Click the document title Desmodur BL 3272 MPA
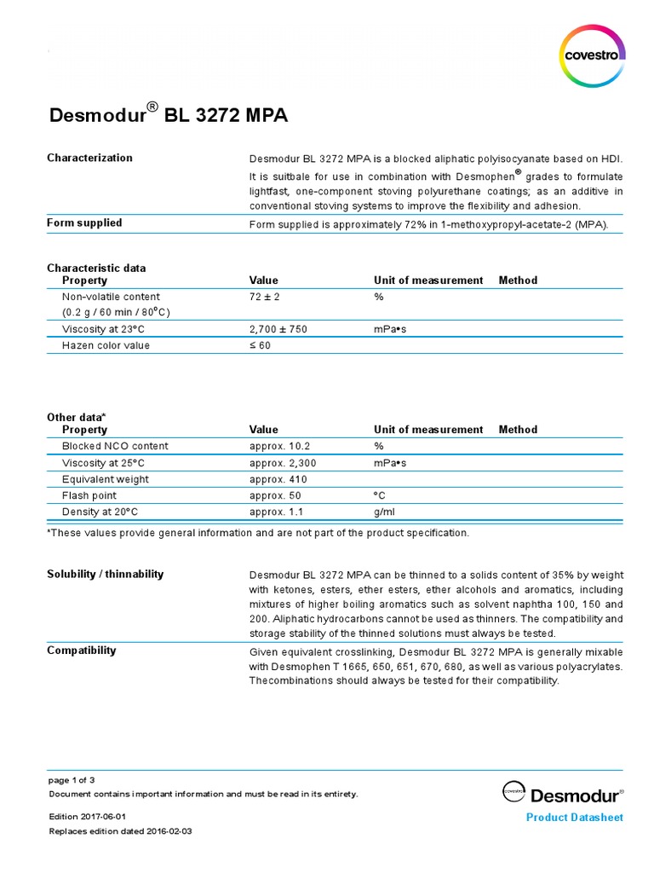tap(167, 114)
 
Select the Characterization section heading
tap(89, 158)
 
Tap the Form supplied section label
tap(84, 223)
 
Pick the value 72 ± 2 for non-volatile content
tap(266, 297)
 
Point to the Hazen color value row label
tap(106, 345)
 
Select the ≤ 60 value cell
tap(260, 345)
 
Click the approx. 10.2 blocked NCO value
tap(279, 446)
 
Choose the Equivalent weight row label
tap(105, 479)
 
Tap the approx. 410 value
tap(277, 479)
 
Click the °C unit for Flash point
tap(380, 495)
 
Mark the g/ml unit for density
tap(384, 512)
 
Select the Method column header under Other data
tap(518, 430)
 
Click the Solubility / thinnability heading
tap(105, 574)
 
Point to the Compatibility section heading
tap(81, 650)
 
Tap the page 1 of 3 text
tap(72, 780)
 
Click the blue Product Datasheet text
tap(575, 818)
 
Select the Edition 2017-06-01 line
tap(88, 817)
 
